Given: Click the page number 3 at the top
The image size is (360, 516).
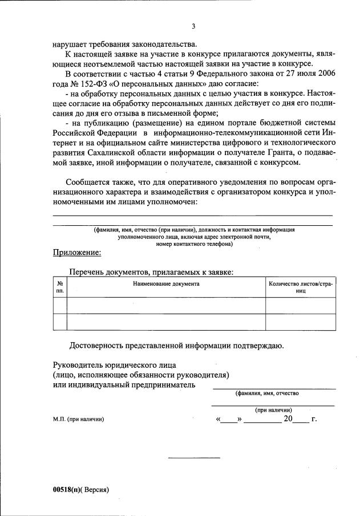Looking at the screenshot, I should tap(193, 26).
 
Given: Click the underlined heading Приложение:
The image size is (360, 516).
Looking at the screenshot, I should tap(77, 252).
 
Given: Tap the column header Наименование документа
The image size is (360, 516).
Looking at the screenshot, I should tap(166, 283).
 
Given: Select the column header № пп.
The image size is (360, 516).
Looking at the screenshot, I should tap(60, 287).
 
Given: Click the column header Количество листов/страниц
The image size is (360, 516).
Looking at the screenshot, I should tap(301, 287).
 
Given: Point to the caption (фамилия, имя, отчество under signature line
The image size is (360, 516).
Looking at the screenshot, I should tap(266, 393).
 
